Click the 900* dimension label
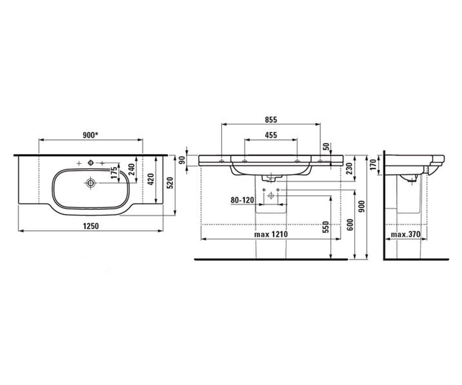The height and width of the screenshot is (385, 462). point(90,135)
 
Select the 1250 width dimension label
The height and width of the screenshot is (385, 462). point(91,226)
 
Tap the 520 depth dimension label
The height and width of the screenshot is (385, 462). point(171,183)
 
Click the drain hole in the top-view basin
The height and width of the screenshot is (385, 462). point(90,183)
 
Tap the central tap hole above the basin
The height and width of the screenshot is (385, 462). point(90,163)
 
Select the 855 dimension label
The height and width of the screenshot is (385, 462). point(271,120)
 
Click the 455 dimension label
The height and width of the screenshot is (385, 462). point(271,135)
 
